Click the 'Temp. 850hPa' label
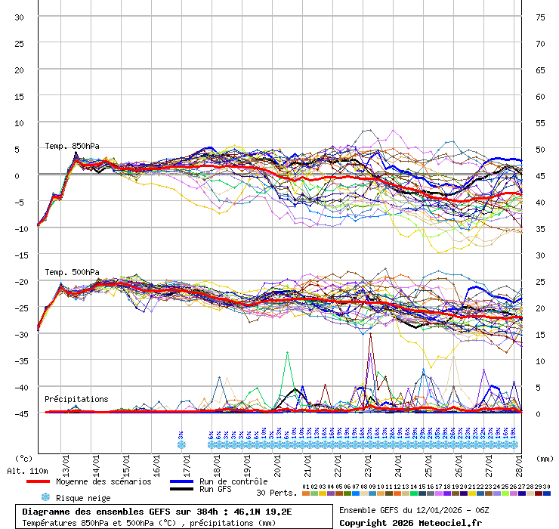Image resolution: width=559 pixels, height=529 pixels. pyautogui.click(x=72, y=147)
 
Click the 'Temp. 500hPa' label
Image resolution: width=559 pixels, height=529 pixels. pyautogui.click(x=72, y=272)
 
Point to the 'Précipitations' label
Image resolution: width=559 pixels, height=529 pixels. pyautogui.click(x=76, y=399)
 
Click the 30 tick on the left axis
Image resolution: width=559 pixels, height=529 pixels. pyautogui.click(x=20, y=17)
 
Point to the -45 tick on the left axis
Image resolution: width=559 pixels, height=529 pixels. pyautogui.click(x=20, y=413)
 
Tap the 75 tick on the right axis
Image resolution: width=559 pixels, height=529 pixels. pyautogui.click(x=540, y=17)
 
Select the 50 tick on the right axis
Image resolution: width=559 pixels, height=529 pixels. pyautogui.click(x=540, y=150)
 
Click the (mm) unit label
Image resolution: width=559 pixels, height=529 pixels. pyautogui.click(x=545, y=458)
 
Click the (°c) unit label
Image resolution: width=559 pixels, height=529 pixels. pyautogui.click(x=23, y=458)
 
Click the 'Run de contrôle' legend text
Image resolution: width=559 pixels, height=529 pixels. pyautogui.click(x=233, y=481)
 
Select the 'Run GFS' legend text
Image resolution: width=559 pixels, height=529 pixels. pyautogui.click(x=216, y=490)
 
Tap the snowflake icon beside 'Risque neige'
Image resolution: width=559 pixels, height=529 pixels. pyautogui.click(x=45, y=497)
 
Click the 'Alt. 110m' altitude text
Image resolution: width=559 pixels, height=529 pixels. pyautogui.click(x=26, y=471)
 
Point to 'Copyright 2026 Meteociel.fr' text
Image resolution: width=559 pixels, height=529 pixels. pyautogui.click(x=410, y=522)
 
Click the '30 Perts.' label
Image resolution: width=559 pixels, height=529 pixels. pyautogui.click(x=276, y=493)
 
